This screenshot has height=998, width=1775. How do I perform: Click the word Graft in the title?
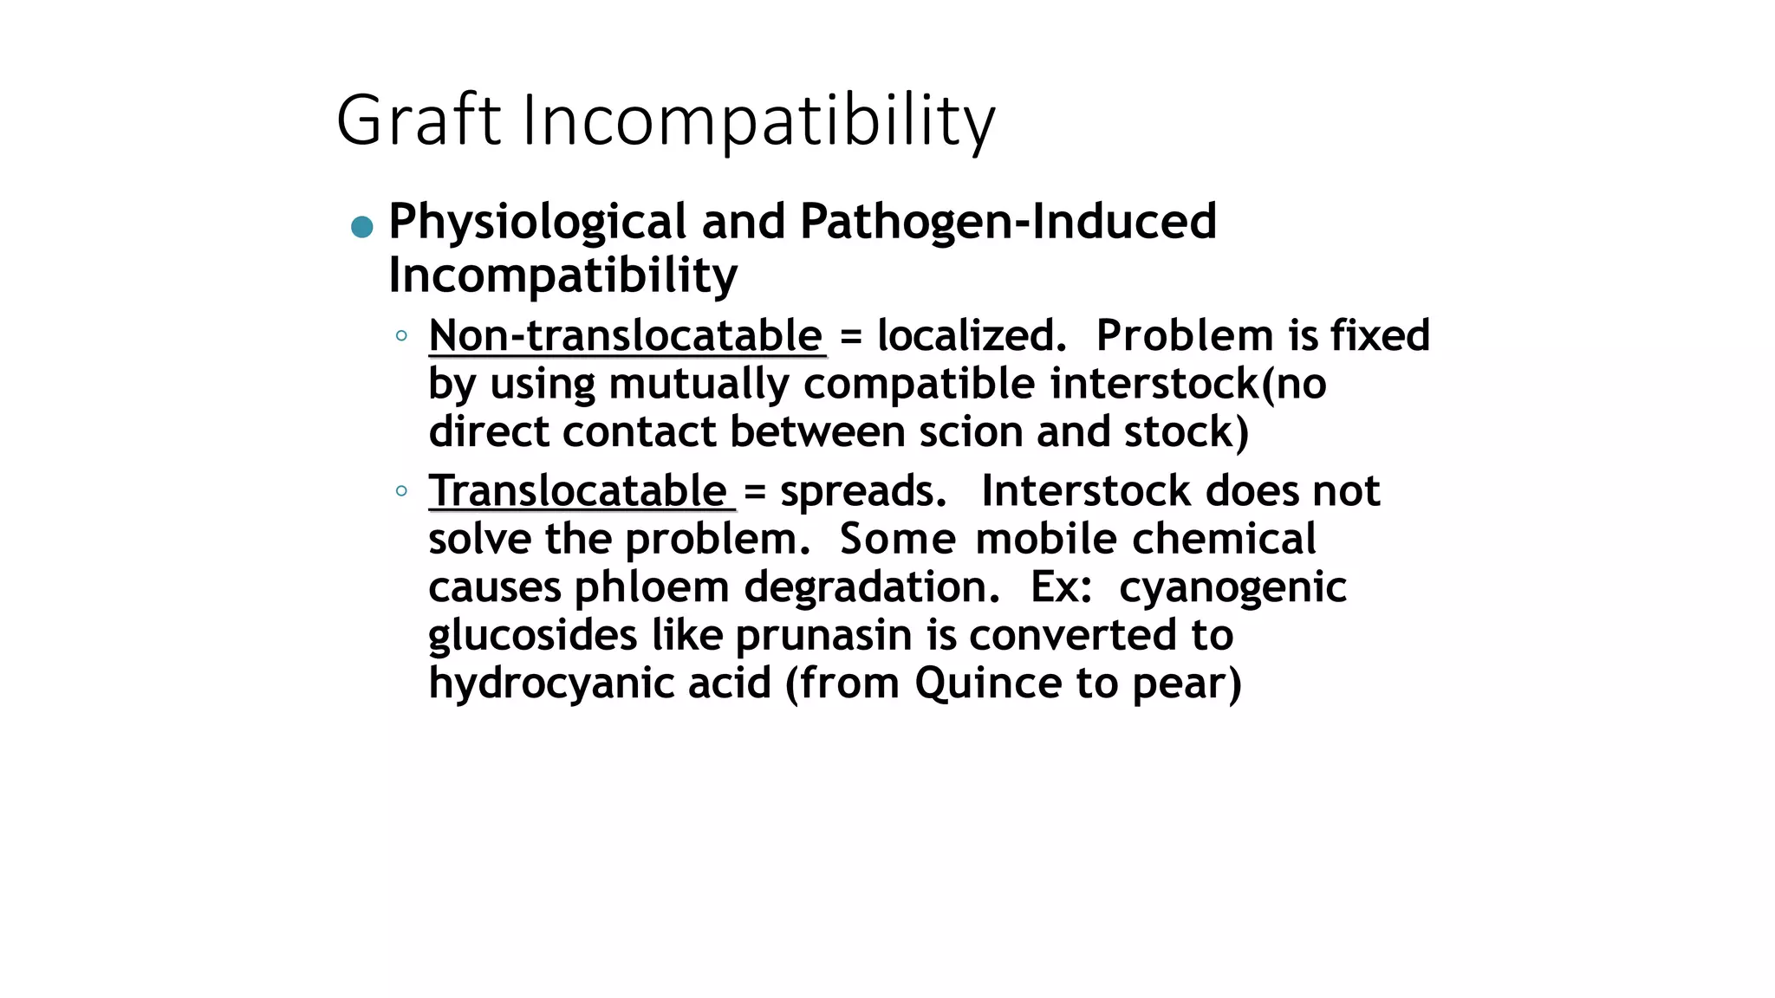[x=419, y=120]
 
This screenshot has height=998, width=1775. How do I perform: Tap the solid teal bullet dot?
[x=362, y=227]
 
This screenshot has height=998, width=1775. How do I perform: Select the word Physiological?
[x=537, y=223]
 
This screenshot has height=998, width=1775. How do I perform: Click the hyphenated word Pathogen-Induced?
[x=1008, y=221]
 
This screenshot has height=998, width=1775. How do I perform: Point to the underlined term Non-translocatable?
[x=626, y=336]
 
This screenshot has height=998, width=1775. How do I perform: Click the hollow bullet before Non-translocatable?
[x=400, y=335]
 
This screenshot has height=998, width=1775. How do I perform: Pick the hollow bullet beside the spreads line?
[x=400, y=491]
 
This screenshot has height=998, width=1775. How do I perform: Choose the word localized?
[x=971, y=336]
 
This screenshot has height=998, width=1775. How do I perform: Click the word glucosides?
[x=533, y=635]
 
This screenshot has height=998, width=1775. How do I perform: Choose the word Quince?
[x=988, y=684]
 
